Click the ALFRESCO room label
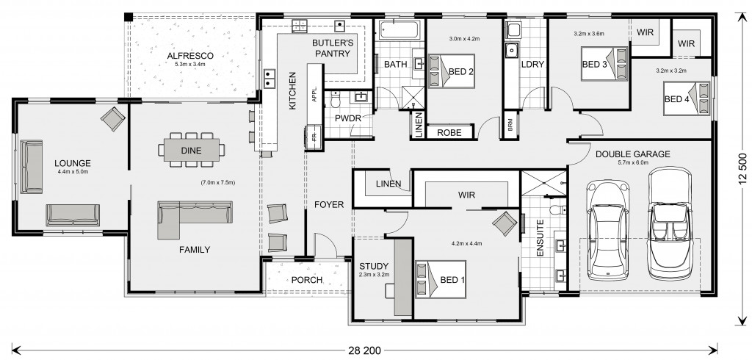[190, 56]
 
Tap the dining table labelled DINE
[192, 150]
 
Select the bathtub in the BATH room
[399, 30]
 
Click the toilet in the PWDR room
[335, 99]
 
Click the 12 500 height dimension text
[743, 169]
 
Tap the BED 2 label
[461, 72]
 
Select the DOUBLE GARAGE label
[632, 154]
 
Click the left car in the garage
[607, 230]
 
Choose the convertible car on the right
[670, 223]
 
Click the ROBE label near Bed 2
[449, 132]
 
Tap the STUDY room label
[374, 267]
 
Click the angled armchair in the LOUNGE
[113, 118]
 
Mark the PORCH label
[306, 280]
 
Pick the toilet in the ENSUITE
[558, 209]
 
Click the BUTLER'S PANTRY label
[333, 48]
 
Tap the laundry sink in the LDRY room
[512, 49]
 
